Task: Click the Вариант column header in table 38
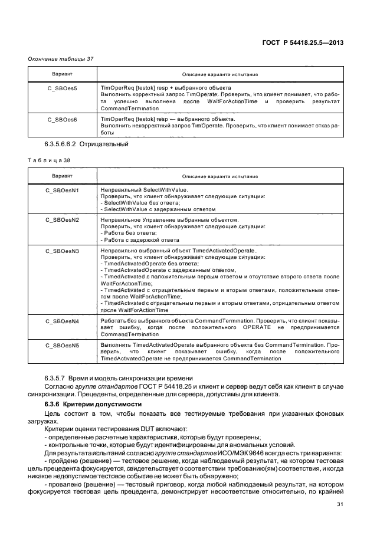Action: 62,176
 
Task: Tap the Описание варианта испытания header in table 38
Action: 219,176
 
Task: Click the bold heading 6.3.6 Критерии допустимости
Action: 93,404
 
